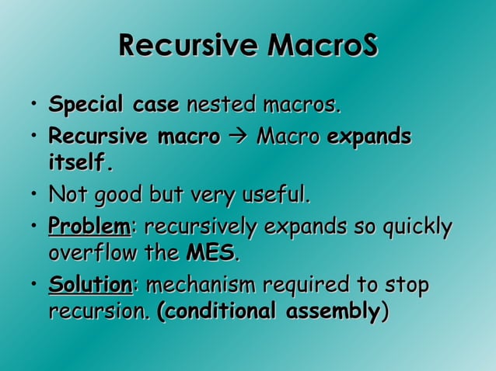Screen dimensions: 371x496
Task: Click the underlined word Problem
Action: point(89,228)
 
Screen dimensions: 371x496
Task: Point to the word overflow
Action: point(87,254)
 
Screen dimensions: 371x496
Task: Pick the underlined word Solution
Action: point(90,286)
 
